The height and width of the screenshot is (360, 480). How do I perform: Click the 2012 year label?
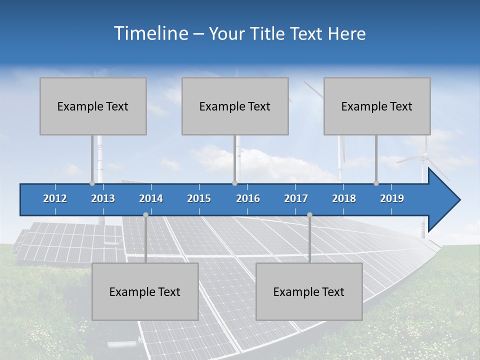(55, 198)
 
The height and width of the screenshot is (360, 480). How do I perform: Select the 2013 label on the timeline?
(103, 198)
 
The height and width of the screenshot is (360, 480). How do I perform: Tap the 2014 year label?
(151, 198)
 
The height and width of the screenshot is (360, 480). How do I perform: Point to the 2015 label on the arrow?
(199, 198)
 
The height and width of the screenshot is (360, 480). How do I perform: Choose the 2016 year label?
(248, 198)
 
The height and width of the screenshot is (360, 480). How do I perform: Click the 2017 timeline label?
(296, 198)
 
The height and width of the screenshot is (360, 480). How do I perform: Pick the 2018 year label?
(344, 198)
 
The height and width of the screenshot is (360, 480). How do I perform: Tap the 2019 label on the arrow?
(392, 198)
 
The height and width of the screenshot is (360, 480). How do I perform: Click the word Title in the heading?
(268, 34)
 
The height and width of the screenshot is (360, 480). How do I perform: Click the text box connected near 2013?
(93, 106)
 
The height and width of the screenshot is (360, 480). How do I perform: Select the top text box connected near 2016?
(235, 106)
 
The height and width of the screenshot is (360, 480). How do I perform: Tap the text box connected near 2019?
(377, 106)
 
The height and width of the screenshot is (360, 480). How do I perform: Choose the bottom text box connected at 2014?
(145, 291)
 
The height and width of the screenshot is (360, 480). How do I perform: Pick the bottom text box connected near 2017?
(309, 291)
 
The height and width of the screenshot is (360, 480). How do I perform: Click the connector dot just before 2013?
(92, 183)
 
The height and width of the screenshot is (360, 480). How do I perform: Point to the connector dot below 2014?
(145, 214)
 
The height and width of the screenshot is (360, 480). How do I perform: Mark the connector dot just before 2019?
(376, 183)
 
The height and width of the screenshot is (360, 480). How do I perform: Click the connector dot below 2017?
(309, 214)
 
